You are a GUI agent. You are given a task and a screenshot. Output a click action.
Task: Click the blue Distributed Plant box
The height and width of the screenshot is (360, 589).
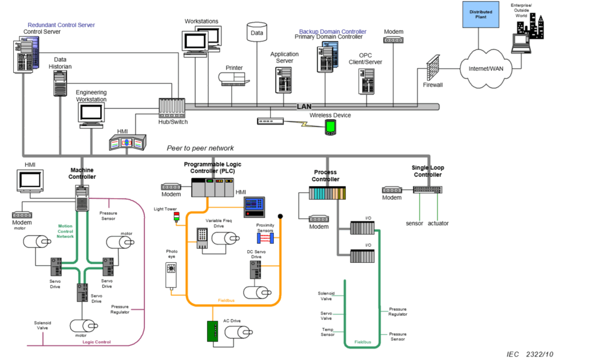click(481, 14)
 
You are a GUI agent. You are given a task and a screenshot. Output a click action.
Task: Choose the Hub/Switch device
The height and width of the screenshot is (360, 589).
click(171, 107)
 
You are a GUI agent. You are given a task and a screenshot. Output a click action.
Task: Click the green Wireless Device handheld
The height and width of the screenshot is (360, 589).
click(330, 128)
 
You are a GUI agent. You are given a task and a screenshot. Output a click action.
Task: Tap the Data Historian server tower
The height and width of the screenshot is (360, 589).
click(60, 84)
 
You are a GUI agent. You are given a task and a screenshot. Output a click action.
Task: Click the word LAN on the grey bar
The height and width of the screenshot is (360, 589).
click(304, 106)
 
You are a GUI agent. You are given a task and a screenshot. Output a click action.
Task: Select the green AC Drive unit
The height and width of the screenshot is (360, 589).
click(213, 331)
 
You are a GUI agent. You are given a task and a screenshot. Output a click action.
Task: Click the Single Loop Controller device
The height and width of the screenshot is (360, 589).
click(427, 189)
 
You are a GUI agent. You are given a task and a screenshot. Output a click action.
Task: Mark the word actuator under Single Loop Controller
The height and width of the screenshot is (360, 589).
click(438, 223)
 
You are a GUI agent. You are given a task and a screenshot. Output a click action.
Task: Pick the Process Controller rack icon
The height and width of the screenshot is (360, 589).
click(327, 193)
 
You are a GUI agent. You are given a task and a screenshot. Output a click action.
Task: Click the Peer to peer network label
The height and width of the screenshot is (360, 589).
click(200, 148)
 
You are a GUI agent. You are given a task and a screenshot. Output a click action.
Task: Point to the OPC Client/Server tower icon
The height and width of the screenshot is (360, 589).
click(366, 82)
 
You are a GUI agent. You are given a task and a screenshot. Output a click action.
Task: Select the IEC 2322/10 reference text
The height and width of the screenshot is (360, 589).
click(530, 354)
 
